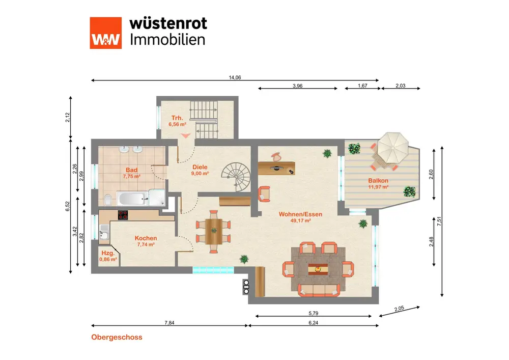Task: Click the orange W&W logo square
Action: point(106,33)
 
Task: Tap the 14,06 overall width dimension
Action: point(235,77)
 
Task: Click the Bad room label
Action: point(131,170)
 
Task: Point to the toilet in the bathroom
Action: point(107,199)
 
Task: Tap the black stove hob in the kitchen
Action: point(124,215)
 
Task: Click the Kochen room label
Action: point(146,238)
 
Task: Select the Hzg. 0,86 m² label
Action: point(107,256)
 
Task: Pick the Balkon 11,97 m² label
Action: point(378,183)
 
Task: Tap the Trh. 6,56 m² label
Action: point(177,121)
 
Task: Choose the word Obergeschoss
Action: point(117,337)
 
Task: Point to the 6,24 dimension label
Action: point(314,321)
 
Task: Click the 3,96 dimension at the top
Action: point(298,86)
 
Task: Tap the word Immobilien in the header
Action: point(168,40)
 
